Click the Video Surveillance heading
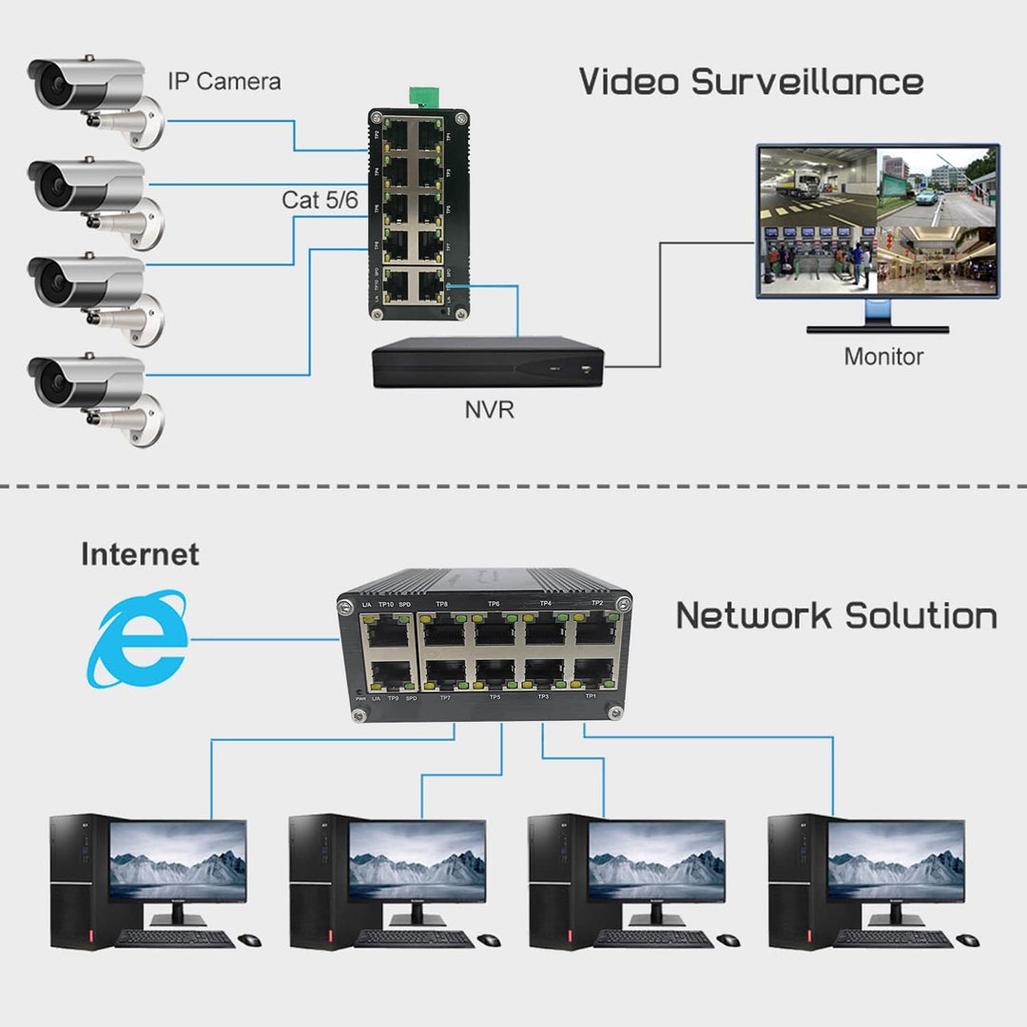click(750, 81)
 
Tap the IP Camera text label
click(223, 82)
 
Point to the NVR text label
click(490, 411)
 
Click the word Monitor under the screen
click(882, 357)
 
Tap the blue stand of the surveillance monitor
click(877, 311)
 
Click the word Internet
click(140, 554)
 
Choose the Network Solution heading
click(836, 616)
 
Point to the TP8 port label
click(441, 604)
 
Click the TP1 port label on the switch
click(591, 696)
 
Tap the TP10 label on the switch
click(386, 604)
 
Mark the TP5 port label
click(494, 697)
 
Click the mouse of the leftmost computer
click(249, 940)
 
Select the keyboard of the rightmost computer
click(894, 939)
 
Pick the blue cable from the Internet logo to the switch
click(262, 640)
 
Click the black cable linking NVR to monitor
click(660, 304)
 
